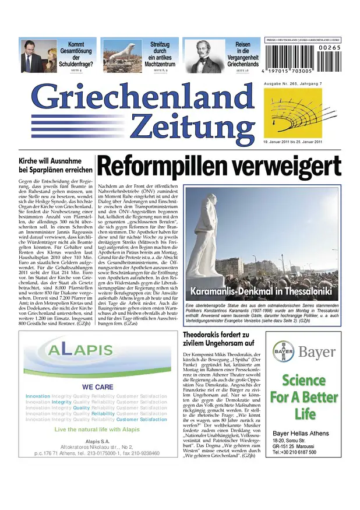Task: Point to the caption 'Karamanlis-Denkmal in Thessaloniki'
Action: (261, 290)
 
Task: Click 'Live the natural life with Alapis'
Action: (93, 429)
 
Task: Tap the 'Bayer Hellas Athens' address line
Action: (298, 434)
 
